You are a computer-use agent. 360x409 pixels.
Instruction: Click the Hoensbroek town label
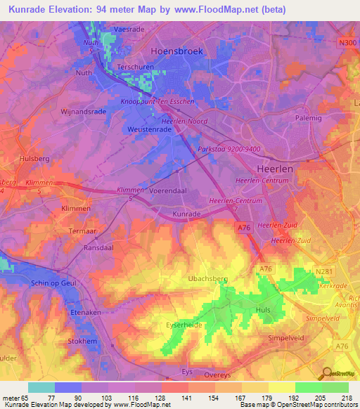(x=178, y=51)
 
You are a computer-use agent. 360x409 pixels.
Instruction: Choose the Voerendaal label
(x=166, y=190)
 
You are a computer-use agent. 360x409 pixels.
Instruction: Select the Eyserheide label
(x=185, y=325)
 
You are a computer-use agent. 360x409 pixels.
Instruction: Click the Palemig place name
(x=308, y=117)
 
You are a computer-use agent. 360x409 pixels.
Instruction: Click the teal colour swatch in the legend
(x=41, y=387)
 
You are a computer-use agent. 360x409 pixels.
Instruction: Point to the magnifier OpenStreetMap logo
(x=326, y=372)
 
